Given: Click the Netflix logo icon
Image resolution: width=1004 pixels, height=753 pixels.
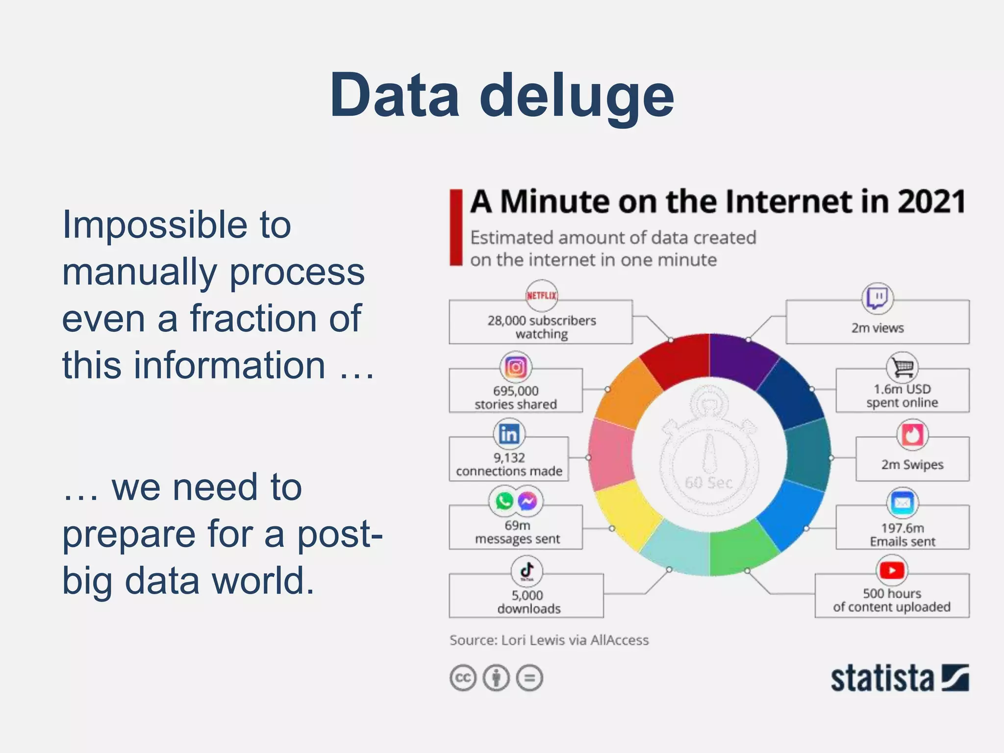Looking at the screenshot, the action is (541, 296).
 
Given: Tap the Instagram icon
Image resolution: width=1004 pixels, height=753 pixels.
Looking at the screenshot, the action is (515, 367).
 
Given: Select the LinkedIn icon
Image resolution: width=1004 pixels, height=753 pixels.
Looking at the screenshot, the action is (508, 434).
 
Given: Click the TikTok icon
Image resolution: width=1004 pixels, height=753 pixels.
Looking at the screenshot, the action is (527, 571).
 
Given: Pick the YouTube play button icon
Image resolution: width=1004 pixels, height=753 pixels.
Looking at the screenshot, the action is (892, 570).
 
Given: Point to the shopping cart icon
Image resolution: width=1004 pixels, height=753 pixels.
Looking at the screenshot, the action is (902, 366).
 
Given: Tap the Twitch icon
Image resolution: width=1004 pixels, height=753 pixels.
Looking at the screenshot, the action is (877, 298).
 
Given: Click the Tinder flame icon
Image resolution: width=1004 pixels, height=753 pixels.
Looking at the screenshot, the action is (912, 434).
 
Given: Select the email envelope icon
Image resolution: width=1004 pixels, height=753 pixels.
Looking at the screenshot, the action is (902, 502).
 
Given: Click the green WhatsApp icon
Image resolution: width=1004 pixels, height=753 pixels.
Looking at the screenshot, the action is (504, 501).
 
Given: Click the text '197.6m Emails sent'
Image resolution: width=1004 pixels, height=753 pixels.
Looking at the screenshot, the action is (902, 535).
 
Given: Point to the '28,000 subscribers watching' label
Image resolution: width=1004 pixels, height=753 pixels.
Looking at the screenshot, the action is (541, 327).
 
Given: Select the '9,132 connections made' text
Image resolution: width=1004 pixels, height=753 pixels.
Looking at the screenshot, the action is (509, 464).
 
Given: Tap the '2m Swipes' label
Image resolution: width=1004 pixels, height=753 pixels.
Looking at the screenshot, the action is (912, 464).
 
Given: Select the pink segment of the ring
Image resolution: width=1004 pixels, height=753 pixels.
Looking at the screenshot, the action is (611, 453).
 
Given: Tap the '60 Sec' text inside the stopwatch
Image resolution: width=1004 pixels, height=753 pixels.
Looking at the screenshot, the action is (708, 483).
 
